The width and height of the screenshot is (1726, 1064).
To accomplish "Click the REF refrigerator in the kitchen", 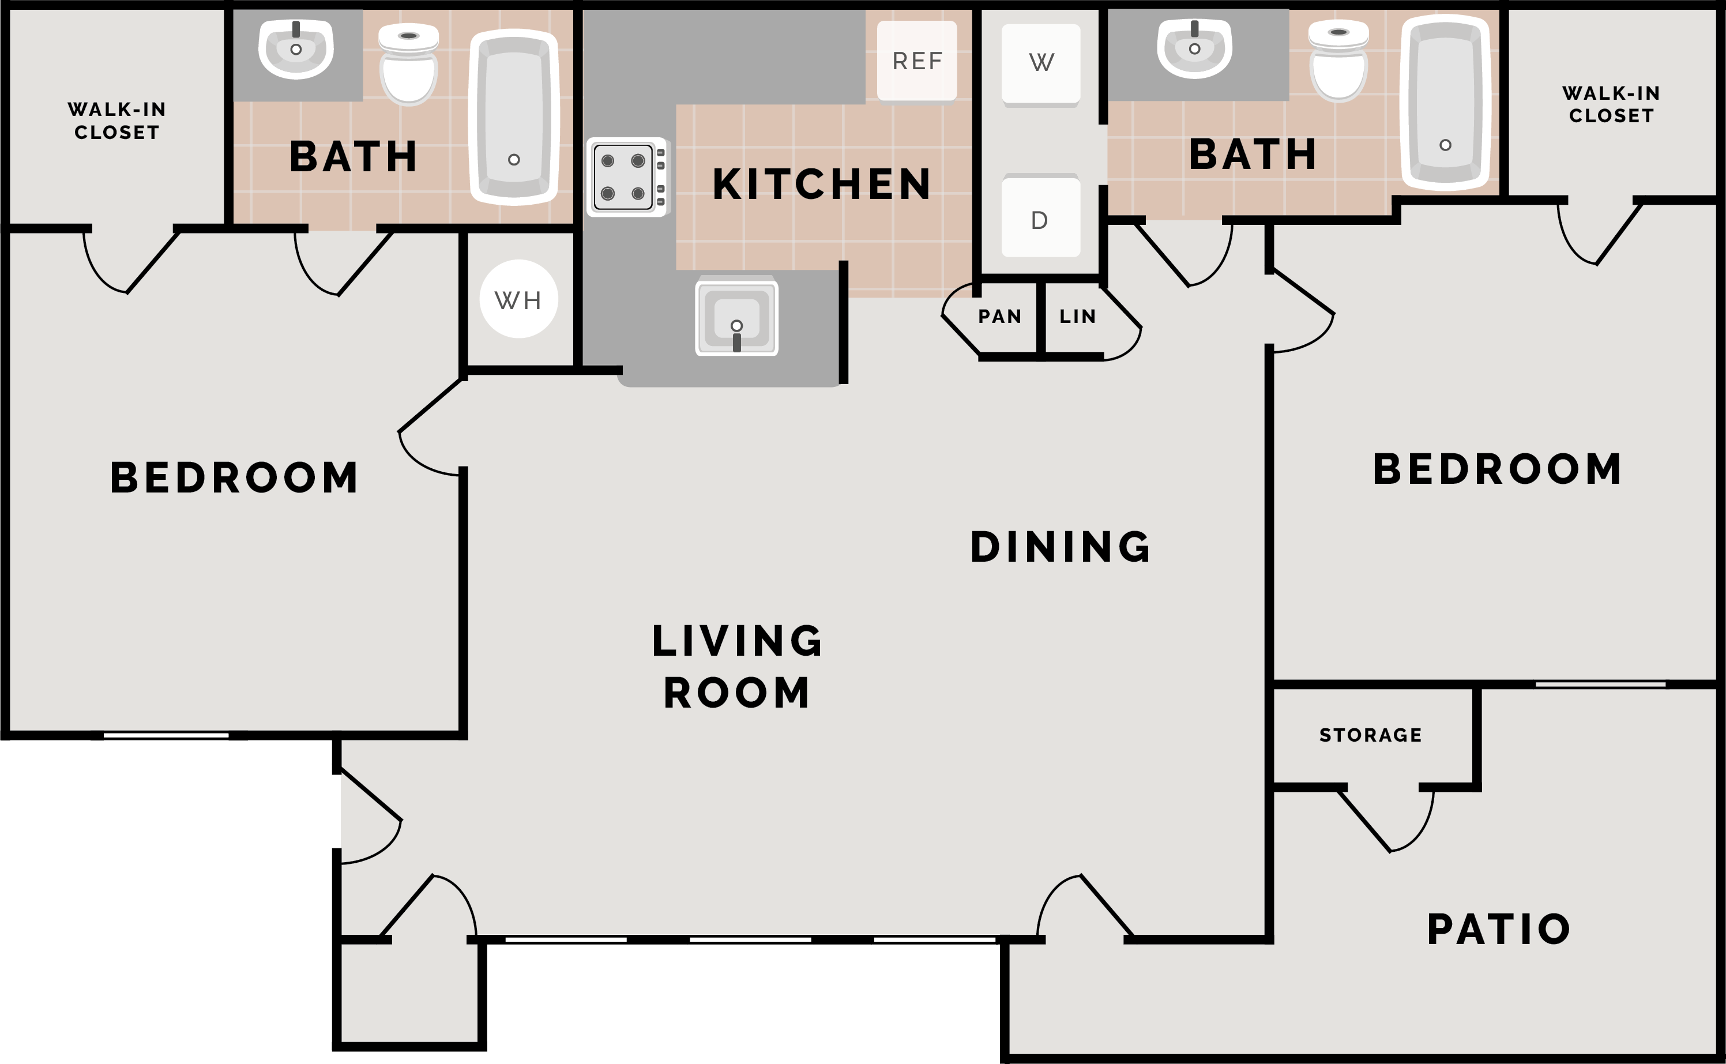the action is pyautogui.click(x=917, y=61).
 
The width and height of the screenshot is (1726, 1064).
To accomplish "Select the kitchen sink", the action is pyautogui.click(x=736, y=317).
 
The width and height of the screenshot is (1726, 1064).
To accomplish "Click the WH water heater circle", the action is pyautogui.click(x=518, y=299).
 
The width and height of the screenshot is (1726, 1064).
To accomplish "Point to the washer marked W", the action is pyautogui.click(x=1041, y=65).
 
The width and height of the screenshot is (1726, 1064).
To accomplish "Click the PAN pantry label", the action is pyautogui.click(x=999, y=317).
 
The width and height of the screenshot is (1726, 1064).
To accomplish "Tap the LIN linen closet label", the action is pyautogui.click(x=1077, y=317).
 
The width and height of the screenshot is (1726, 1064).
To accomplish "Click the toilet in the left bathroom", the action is pyautogui.click(x=409, y=64).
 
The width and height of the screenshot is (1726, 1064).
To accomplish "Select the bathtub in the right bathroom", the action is pyautogui.click(x=1445, y=103).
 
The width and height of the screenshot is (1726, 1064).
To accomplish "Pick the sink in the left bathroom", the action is pyautogui.click(x=295, y=48).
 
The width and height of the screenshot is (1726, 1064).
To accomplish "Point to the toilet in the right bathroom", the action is pyautogui.click(x=1338, y=61).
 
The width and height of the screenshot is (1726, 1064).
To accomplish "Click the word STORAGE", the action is pyautogui.click(x=1371, y=735).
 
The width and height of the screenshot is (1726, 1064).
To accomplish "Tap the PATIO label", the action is pyautogui.click(x=1499, y=929).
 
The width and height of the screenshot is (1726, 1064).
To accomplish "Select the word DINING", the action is pyautogui.click(x=1061, y=547).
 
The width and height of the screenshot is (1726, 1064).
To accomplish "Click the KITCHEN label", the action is pyautogui.click(x=821, y=185).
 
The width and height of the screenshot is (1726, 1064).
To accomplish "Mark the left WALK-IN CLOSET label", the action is pyautogui.click(x=117, y=121).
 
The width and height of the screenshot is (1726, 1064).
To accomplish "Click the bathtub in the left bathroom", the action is pyautogui.click(x=514, y=117).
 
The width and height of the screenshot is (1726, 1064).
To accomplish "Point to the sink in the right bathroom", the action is pyautogui.click(x=1194, y=48).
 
